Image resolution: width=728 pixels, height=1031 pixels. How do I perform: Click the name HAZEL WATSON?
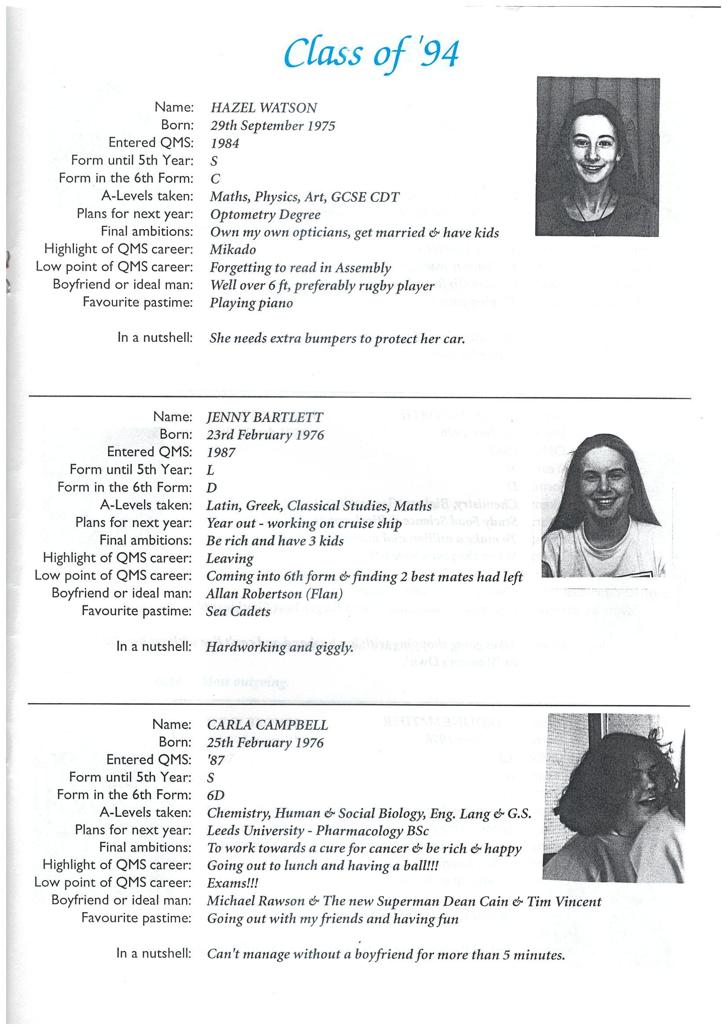tap(264, 108)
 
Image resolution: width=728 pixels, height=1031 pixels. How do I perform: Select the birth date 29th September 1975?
tap(273, 126)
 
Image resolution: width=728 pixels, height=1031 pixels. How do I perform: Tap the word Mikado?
tap(233, 250)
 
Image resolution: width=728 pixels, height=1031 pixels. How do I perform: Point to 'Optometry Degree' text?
tap(265, 215)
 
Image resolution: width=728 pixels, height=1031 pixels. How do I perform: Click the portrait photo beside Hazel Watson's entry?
tap(597, 156)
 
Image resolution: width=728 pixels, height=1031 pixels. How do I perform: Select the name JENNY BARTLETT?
tap(264, 417)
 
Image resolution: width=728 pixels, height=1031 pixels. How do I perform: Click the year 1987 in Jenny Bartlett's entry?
tap(221, 452)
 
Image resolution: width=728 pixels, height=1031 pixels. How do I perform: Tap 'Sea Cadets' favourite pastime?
tap(238, 611)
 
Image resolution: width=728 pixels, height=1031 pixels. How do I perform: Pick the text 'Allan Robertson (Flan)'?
tap(275, 593)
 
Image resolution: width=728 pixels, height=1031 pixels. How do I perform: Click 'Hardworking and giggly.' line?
tap(279, 647)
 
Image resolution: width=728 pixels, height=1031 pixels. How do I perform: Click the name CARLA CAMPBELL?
tap(267, 725)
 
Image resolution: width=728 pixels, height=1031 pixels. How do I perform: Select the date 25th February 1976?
tap(265, 742)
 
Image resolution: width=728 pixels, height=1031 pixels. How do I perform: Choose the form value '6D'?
tap(215, 795)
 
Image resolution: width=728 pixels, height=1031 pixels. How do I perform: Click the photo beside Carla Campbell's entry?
tap(613, 797)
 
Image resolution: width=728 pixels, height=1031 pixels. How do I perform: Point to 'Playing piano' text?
tap(251, 303)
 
